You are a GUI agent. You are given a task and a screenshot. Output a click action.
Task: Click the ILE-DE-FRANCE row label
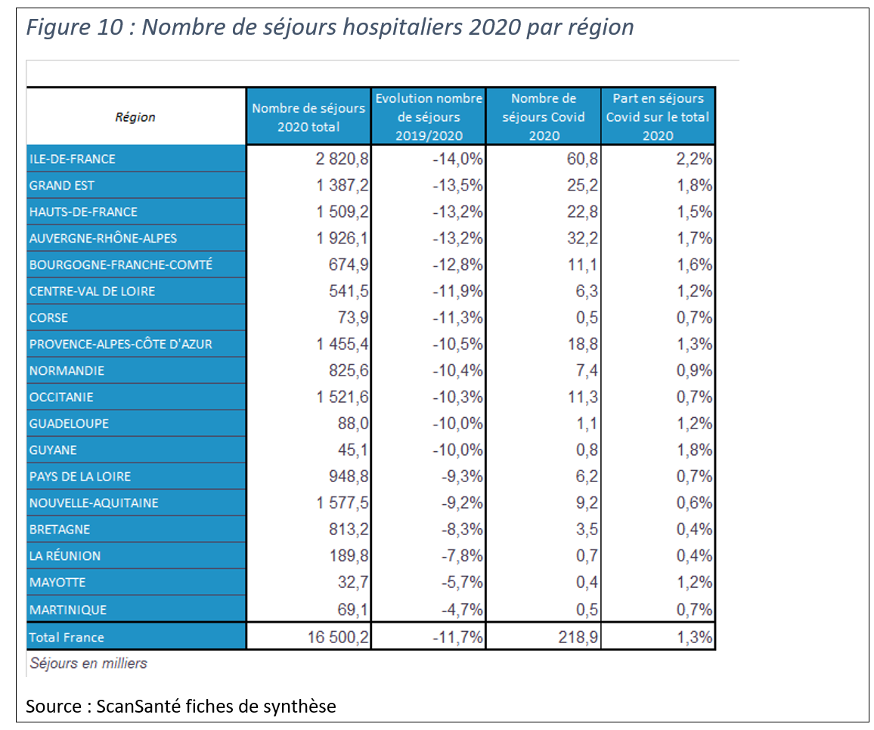[73, 159]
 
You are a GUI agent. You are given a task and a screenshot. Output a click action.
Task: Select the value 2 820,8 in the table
[342, 159]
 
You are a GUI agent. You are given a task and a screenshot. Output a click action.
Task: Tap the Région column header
[135, 117]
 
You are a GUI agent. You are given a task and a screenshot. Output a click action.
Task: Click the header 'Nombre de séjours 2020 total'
[308, 117]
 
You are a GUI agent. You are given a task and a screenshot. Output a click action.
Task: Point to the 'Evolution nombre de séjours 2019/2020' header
[429, 116]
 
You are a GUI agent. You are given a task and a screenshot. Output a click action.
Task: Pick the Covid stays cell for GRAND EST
[582, 185]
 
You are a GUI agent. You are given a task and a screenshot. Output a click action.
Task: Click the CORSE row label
[48, 317]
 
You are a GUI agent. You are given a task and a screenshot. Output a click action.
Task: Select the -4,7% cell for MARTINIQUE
[462, 609]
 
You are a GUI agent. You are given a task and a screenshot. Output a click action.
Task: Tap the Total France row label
[67, 637]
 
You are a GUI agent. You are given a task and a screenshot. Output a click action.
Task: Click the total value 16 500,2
[339, 637]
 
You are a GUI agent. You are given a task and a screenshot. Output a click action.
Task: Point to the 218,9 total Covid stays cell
[578, 637]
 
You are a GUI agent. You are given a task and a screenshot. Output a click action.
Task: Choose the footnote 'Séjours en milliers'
[88, 663]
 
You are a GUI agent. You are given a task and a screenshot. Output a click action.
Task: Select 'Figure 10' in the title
[75, 26]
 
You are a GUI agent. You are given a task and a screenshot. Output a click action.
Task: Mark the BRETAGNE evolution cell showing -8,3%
[462, 529]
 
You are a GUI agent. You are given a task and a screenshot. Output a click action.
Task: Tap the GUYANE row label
[53, 450]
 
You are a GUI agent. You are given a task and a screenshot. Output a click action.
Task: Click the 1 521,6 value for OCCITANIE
[342, 397]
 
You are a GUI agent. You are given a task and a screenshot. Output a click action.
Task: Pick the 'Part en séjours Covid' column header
[658, 116]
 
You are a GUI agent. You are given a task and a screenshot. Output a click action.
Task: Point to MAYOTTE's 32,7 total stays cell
[353, 583]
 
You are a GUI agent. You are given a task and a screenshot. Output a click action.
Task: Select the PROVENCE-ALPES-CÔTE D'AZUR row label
[121, 344]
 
